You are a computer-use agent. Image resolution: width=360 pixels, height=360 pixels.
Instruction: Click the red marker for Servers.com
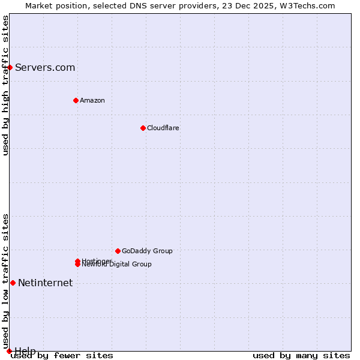[10, 67]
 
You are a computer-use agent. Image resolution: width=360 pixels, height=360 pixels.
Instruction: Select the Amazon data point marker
[76, 100]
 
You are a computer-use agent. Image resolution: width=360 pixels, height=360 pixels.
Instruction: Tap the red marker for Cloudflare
[143, 128]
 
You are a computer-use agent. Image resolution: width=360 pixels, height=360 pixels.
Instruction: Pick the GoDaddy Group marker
[118, 251]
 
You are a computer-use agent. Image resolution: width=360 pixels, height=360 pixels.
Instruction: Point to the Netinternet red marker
[13, 283]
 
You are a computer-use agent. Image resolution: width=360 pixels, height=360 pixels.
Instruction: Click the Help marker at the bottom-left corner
[9, 351]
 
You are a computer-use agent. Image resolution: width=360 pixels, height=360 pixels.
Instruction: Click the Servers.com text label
[45, 67]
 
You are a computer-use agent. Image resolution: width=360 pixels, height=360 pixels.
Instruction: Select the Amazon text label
[92, 100]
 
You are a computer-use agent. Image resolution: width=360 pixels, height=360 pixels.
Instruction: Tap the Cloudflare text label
[163, 128]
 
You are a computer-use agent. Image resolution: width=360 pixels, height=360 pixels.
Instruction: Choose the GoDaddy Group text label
[147, 251]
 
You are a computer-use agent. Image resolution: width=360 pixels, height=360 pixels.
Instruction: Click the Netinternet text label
[45, 283]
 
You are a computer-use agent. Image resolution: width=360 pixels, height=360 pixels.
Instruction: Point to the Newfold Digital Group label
[117, 265]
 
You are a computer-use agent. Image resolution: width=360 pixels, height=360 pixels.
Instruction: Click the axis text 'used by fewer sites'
[62, 355]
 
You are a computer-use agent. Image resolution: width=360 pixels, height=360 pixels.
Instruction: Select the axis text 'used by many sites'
[301, 355]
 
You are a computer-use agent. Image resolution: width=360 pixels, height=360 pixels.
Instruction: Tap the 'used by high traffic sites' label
[5, 85]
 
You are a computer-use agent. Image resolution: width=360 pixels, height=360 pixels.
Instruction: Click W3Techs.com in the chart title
[309, 5]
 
